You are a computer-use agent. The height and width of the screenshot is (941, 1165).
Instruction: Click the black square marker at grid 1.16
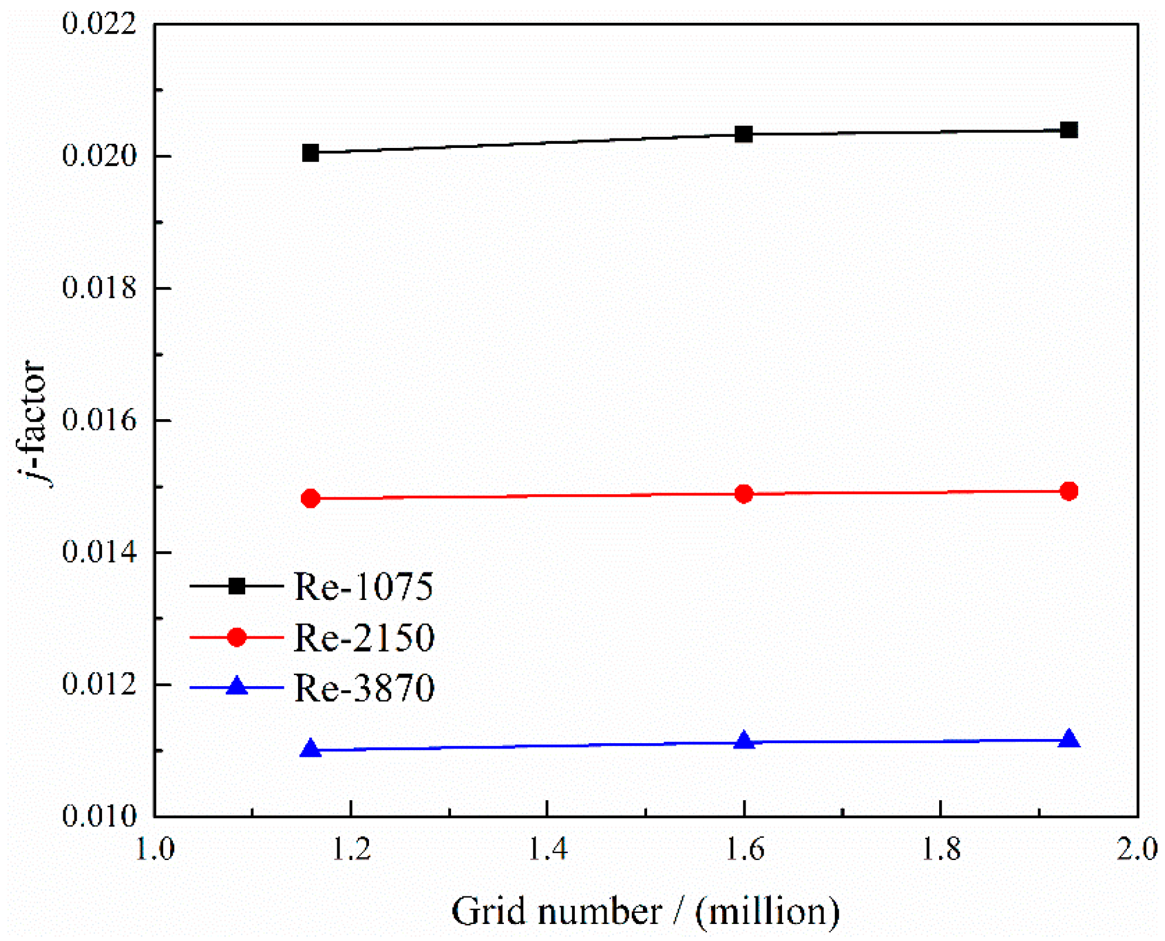tap(310, 153)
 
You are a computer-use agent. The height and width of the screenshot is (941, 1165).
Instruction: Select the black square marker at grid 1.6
tap(743, 134)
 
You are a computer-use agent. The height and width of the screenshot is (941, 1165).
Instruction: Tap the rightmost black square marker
tap(1069, 130)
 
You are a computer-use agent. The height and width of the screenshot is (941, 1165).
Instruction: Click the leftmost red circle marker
tap(310, 498)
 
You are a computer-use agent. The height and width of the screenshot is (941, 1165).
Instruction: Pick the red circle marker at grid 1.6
tap(743, 494)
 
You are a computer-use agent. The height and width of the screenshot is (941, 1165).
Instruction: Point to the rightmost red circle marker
tap(1069, 491)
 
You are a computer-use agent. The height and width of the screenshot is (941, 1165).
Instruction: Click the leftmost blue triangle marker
tap(310, 749)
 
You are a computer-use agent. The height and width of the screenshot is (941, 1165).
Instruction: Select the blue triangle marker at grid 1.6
tap(744, 741)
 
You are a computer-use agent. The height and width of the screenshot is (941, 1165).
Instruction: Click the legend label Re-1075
tap(363, 586)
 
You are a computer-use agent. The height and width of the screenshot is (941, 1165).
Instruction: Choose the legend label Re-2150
tap(364, 637)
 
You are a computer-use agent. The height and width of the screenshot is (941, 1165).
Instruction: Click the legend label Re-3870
tap(364, 687)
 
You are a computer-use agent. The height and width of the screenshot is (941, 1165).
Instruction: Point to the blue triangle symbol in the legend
tap(237, 686)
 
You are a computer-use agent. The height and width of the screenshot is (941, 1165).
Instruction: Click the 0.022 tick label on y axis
tap(99, 24)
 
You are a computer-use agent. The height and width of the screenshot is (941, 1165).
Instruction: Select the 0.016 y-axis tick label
tap(99, 420)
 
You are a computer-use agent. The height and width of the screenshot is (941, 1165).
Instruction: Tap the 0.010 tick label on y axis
tap(99, 816)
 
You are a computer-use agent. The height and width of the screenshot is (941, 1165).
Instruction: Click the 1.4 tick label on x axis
tap(547, 849)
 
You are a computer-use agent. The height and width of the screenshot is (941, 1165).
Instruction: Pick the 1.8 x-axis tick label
tap(940, 849)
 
